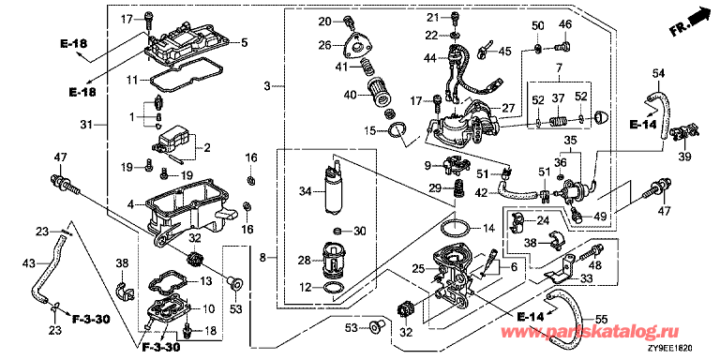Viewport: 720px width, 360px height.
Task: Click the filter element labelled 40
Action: click(x=380, y=92)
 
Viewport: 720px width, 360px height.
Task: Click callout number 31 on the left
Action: click(x=85, y=125)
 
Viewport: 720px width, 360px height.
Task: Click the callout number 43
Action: click(x=28, y=263)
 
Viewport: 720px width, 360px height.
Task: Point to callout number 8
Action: click(x=262, y=259)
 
